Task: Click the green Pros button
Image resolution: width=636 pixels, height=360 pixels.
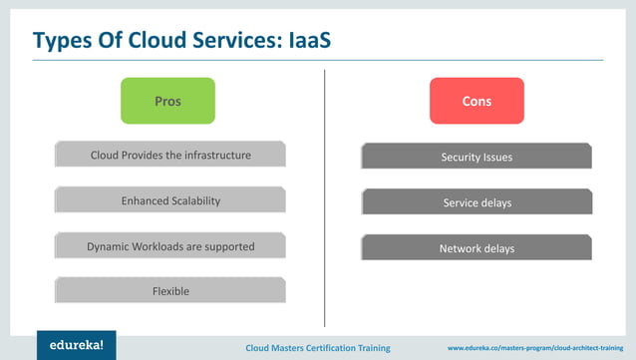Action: pos(167,101)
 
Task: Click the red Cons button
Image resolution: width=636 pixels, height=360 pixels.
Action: pos(477,101)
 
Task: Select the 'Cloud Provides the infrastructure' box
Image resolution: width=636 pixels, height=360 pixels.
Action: pos(170,156)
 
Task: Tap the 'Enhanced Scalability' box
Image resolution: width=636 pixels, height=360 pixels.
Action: pos(170,201)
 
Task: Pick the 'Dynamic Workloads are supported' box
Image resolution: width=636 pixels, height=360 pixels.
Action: pos(170,246)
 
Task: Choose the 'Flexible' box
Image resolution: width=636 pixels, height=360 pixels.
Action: pos(170,291)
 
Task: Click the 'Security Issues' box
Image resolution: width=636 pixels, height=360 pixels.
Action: pos(477,157)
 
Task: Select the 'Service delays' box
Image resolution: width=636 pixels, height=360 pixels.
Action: pos(477,202)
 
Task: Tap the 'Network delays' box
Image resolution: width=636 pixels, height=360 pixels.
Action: pos(477,248)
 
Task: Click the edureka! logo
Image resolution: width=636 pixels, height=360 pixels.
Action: pos(76,344)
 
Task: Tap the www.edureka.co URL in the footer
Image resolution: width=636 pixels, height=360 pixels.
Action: pos(537,348)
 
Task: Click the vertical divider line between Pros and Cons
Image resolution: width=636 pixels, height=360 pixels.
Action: pos(325,199)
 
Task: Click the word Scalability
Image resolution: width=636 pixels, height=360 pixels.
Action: pos(193,201)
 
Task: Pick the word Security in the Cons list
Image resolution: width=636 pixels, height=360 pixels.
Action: pos(460,157)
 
